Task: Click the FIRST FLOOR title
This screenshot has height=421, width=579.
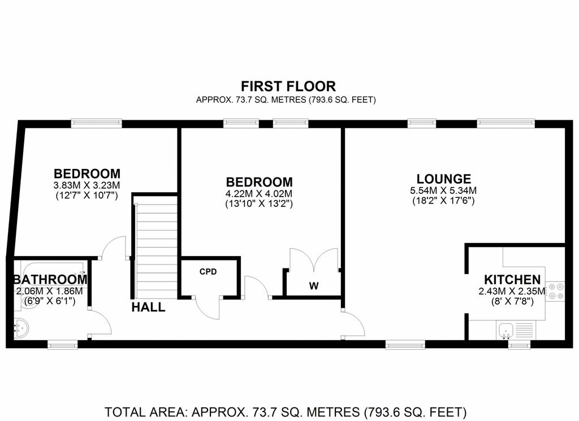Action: (x=288, y=86)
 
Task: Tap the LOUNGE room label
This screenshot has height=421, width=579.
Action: (x=443, y=179)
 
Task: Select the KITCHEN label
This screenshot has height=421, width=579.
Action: (x=512, y=280)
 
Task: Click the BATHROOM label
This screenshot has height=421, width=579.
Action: (x=50, y=280)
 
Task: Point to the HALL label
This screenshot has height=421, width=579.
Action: (x=149, y=307)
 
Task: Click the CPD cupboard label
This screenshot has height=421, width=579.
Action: (x=208, y=272)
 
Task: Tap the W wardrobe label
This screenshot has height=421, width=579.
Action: (x=314, y=285)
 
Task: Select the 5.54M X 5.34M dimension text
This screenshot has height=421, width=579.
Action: (x=443, y=191)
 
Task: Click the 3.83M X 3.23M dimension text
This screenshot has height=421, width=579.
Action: (x=87, y=185)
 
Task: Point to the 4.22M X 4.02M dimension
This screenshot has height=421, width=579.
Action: (x=259, y=194)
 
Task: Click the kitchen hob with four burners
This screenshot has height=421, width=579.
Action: (x=556, y=291)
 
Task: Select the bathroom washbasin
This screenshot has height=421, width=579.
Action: (x=21, y=328)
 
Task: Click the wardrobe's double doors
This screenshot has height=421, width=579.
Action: (x=314, y=260)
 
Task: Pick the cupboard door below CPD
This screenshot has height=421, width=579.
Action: (x=207, y=307)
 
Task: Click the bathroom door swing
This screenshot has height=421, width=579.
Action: (x=100, y=322)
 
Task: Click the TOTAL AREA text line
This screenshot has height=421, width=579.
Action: (x=286, y=412)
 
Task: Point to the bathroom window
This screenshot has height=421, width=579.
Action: (x=63, y=345)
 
